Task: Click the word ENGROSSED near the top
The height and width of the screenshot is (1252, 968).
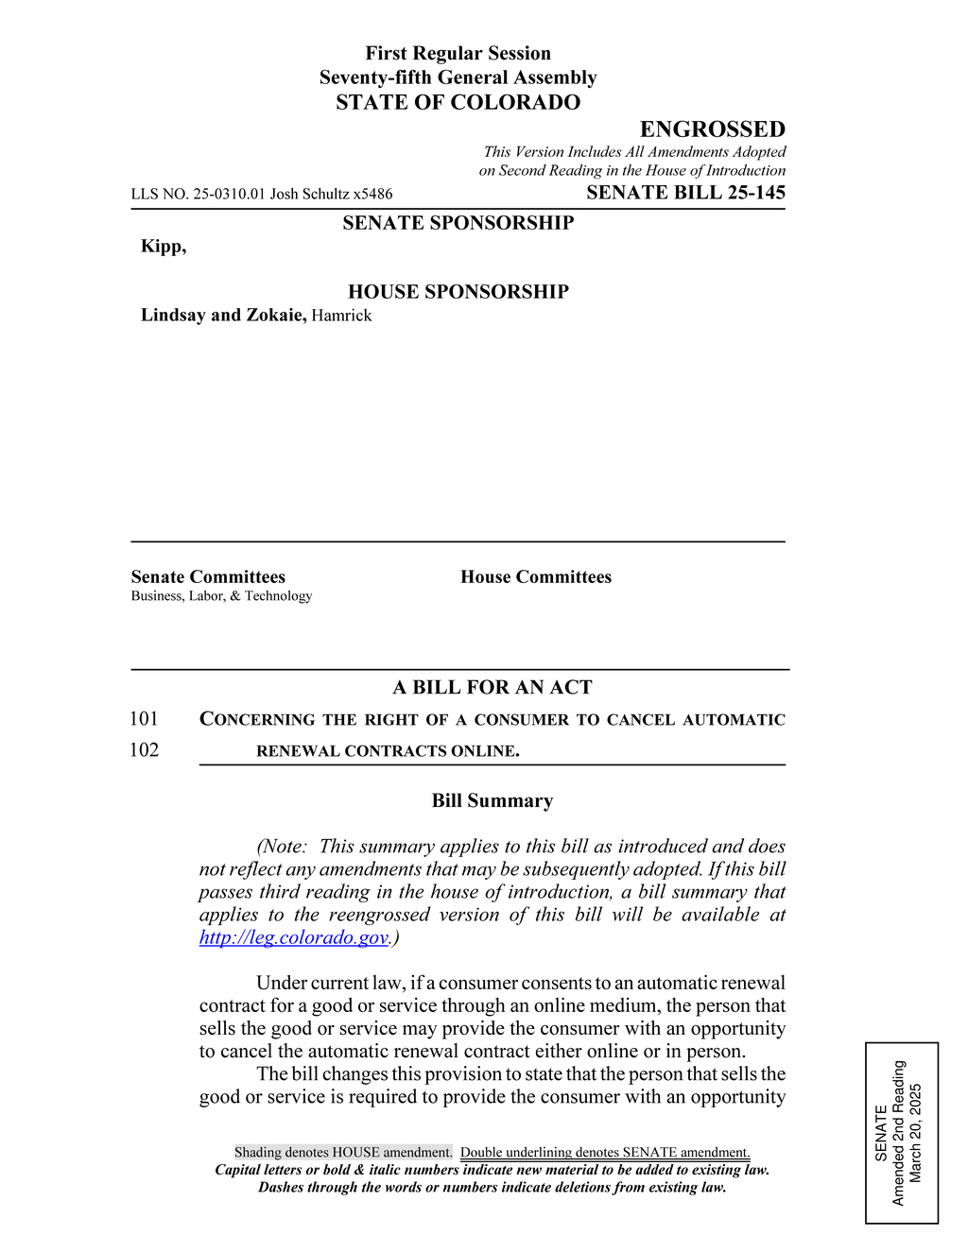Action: click(x=712, y=129)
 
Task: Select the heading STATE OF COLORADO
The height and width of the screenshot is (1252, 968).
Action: click(x=458, y=102)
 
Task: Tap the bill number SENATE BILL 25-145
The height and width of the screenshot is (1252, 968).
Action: click(x=685, y=193)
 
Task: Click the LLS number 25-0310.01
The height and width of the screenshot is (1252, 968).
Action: click(x=229, y=194)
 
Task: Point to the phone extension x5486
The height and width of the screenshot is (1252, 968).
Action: click(x=372, y=194)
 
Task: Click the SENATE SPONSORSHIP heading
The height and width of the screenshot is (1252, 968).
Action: click(x=458, y=223)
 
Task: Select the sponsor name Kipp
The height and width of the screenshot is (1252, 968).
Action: click(x=163, y=247)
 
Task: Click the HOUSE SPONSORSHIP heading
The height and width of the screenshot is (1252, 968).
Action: click(x=458, y=292)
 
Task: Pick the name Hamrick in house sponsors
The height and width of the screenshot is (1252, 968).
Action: click(x=341, y=316)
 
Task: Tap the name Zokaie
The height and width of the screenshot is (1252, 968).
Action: click(x=275, y=316)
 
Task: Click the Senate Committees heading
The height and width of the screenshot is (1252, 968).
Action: click(x=208, y=577)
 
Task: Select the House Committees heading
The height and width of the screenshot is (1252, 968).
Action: click(x=536, y=577)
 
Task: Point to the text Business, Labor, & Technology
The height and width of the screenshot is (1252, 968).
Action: click(x=221, y=596)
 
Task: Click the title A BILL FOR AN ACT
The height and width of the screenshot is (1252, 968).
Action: click(x=493, y=688)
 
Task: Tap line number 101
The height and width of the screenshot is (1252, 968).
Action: click(x=144, y=719)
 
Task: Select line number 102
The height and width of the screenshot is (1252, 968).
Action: click(x=144, y=750)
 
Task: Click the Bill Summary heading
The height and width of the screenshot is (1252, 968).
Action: click(x=493, y=801)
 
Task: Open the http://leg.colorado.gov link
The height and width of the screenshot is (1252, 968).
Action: click(x=294, y=937)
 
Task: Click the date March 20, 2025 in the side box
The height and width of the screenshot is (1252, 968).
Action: click(x=914, y=1133)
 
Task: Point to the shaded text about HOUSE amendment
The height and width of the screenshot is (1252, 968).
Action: click(x=343, y=1153)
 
